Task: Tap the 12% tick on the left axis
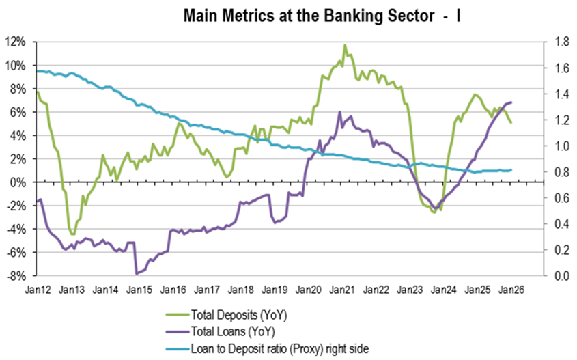tap(16, 42)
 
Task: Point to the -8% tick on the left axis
tap(16, 276)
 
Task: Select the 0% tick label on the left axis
tap(18, 182)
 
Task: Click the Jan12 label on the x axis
tap(38, 290)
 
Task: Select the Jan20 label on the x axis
tap(308, 290)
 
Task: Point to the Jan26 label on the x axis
tap(511, 290)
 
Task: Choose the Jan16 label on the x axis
tap(173, 290)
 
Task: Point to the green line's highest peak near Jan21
tap(345, 45)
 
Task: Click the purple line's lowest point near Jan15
tap(137, 273)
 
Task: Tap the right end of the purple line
tap(511, 102)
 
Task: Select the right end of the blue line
tap(511, 170)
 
